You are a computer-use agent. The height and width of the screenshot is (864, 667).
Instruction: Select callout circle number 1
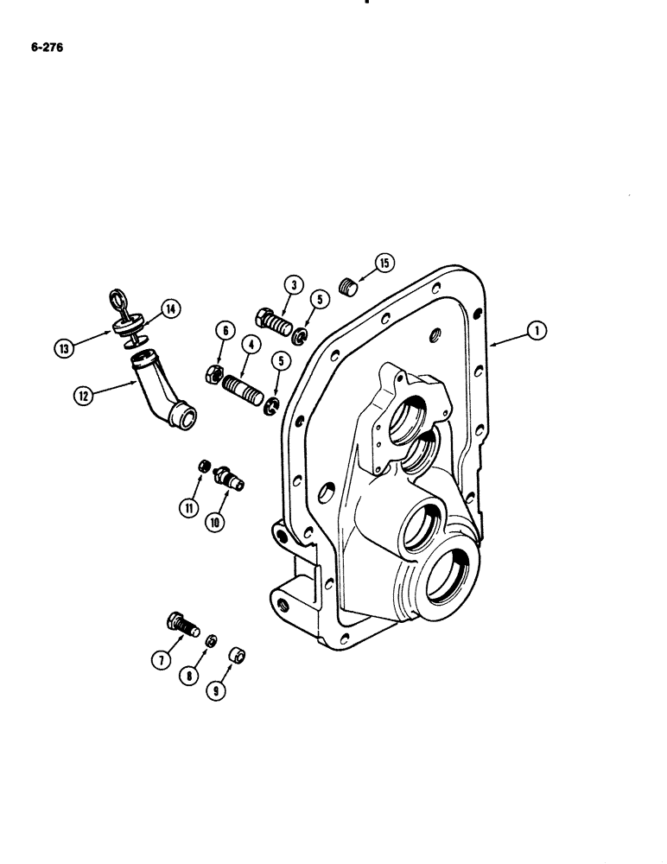coord(537,329)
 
